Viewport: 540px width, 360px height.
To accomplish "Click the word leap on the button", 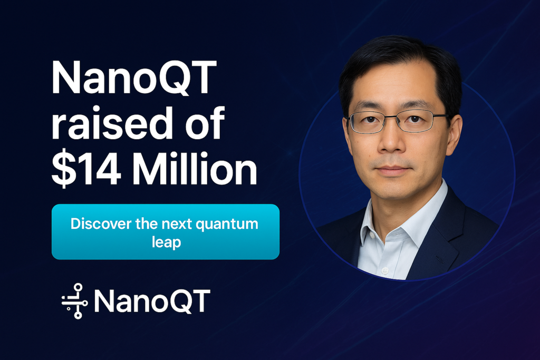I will [166, 242].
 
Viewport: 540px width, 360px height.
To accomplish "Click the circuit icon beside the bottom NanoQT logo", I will [75, 301].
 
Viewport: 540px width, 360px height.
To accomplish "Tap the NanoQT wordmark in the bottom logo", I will [151, 301].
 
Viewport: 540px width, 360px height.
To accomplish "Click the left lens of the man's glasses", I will [369, 122].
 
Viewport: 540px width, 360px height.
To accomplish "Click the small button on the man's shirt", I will [384, 270].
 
